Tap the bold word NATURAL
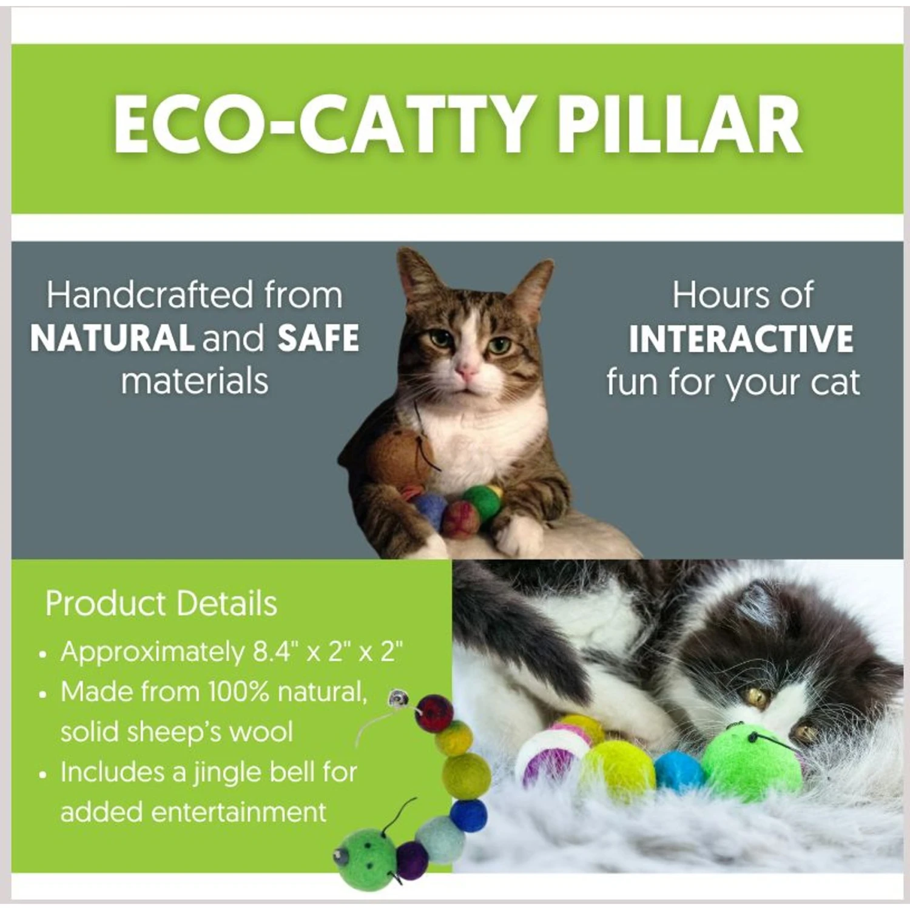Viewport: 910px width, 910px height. click(x=112, y=339)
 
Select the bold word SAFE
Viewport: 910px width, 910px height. click(x=318, y=339)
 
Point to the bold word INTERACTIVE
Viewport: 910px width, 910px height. click(x=741, y=339)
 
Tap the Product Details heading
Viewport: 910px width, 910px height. click(x=161, y=604)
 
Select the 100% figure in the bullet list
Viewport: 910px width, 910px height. click(x=238, y=692)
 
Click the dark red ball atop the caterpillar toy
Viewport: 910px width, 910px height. click(x=434, y=713)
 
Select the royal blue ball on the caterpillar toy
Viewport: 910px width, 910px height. click(x=469, y=815)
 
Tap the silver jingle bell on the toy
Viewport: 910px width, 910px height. click(x=399, y=699)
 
